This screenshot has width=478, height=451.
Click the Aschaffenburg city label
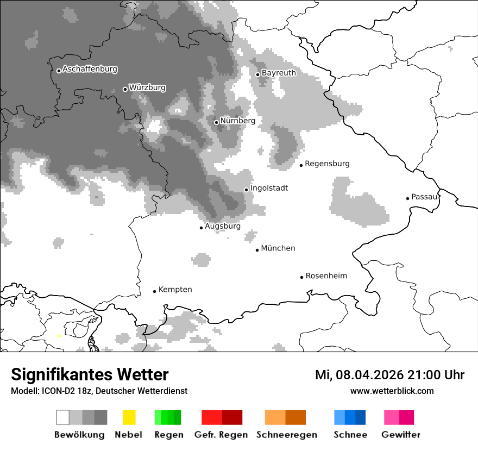(x=90, y=70)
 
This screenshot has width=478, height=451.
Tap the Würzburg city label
(x=147, y=87)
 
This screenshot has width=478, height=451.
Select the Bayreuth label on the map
(x=279, y=73)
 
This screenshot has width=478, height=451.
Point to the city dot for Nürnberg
(x=216, y=122)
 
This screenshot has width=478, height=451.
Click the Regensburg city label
(x=327, y=164)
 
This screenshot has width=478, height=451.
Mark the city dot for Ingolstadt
(x=246, y=190)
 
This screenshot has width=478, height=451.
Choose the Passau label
(x=424, y=197)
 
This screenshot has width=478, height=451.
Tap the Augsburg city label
(x=222, y=227)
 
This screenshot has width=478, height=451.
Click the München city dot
(x=257, y=250)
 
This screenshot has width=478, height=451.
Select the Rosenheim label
(x=326, y=276)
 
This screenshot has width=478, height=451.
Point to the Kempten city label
(x=175, y=290)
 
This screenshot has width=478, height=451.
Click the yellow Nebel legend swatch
(x=129, y=417)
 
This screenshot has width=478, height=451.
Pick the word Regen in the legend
(x=168, y=435)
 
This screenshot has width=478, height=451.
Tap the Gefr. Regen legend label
(x=221, y=435)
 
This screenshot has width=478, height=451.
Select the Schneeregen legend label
(x=286, y=435)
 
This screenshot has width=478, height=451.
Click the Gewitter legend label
(x=400, y=435)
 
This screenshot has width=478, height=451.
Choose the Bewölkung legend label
(x=79, y=435)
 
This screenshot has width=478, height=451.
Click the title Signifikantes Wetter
(x=90, y=375)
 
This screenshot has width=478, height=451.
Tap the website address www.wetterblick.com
(x=392, y=391)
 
